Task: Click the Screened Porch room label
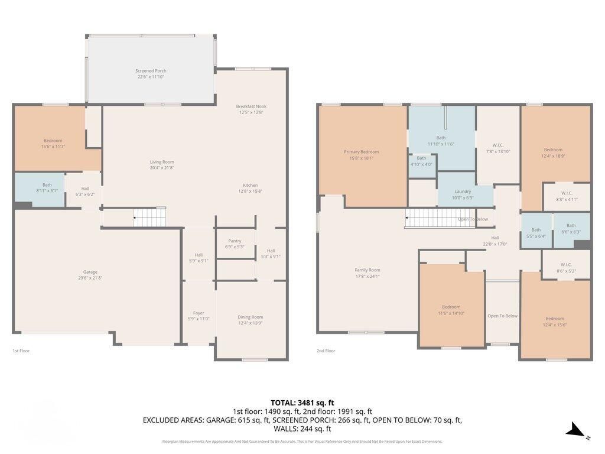pos(151,71)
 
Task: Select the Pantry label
pos(235,241)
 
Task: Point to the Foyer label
pos(199,313)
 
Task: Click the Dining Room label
pos(251,317)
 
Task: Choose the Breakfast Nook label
pos(251,106)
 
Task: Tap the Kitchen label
pos(251,185)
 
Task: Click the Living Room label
pos(161,161)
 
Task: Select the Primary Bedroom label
pos(362,152)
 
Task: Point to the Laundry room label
pos(463,192)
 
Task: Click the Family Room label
pos(367,270)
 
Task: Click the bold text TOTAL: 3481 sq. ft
pos(302,403)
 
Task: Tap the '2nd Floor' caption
pos(326,351)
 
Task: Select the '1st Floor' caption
pos(21,351)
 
